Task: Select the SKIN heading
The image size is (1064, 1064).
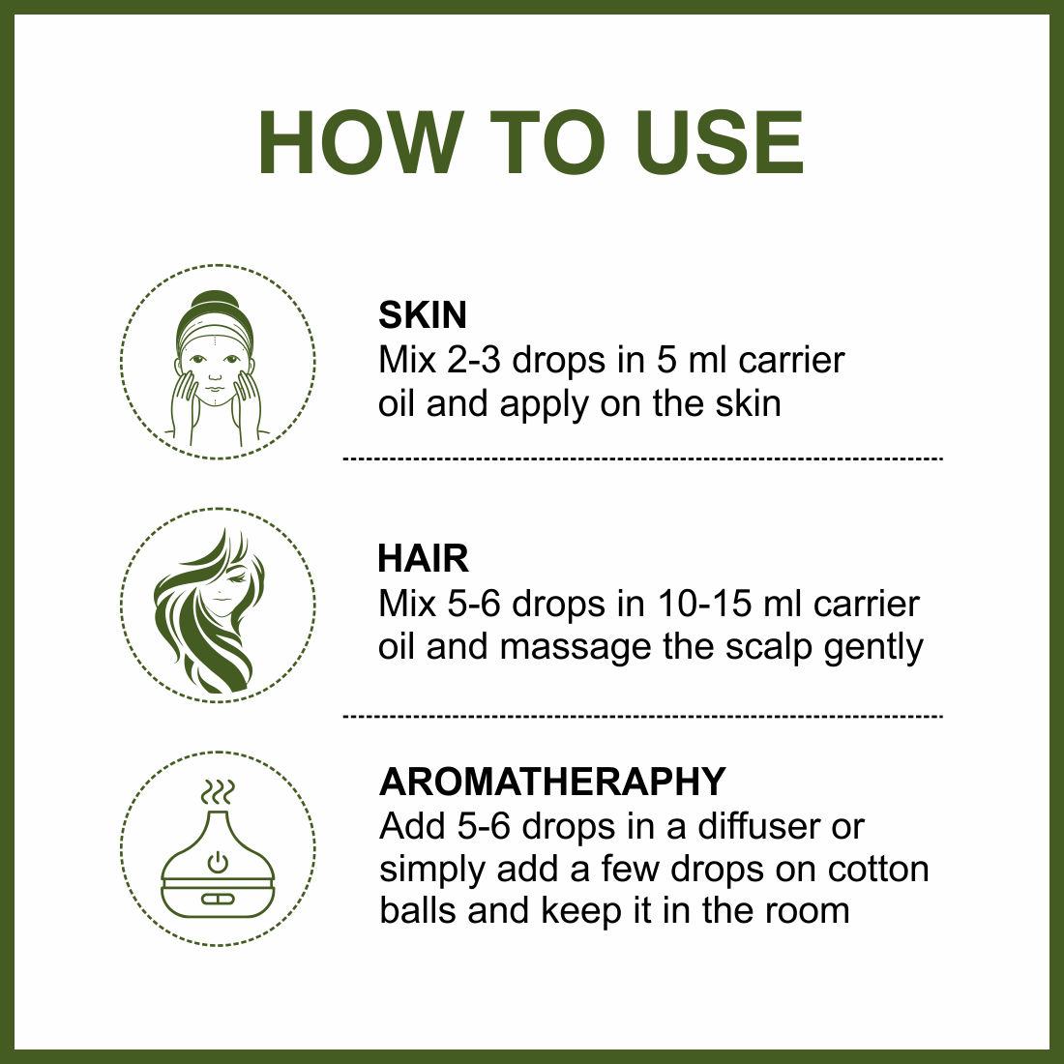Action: tap(423, 315)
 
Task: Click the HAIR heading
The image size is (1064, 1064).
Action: tap(423, 559)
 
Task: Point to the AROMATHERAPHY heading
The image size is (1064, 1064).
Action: tap(552, 782)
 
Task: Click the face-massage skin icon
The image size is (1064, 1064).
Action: tap(217, 369)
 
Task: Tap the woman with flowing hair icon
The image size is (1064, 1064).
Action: tap(209, 611)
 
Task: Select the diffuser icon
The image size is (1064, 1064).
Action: tap(218, 849)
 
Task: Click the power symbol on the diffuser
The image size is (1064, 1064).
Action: tap(217, 863)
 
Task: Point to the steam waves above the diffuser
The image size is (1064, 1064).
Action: tap(218, 792)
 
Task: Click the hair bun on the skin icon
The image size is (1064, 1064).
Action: tap(215, 303)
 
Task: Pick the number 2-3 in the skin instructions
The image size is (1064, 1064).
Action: tap(474, 361)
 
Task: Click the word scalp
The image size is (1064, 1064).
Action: tap(768, 647)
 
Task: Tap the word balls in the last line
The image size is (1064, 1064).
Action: tap(420, 910)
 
